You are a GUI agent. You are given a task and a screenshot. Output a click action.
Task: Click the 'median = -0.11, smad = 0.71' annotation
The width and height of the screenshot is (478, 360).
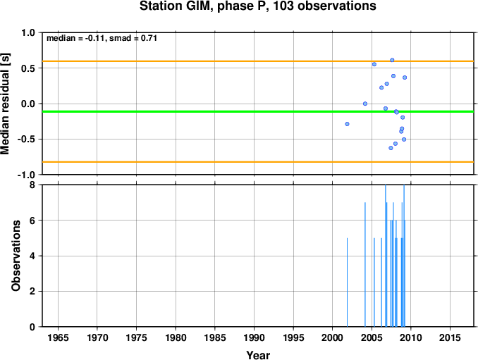pyautogui.click(x=102, y=38)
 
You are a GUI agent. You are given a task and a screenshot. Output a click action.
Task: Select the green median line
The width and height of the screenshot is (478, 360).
pyautogui.click(x=258, y=111)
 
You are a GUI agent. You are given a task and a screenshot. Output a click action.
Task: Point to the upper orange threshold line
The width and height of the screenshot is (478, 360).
pyautogui.click(x=258, y=61)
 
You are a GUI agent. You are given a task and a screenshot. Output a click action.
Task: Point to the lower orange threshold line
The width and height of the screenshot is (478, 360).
pyautogui.click(x=258, y=162)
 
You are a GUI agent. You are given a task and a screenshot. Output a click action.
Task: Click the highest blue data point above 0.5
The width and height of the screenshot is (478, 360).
pyautogui.click(x=392, y=60)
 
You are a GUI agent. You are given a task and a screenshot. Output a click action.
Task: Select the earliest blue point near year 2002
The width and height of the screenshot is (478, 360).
pyautogui.click(x=347, y=124)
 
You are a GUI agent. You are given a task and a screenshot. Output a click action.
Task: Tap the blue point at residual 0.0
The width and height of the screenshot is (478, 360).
pyautogui.click(x=365, y=104)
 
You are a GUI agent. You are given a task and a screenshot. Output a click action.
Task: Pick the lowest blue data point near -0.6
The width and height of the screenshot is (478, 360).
pyautogui.click(x=391, y=148)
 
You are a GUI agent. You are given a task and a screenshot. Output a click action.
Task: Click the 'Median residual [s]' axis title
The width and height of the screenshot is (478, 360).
pyautogui.click(x=6, y=104)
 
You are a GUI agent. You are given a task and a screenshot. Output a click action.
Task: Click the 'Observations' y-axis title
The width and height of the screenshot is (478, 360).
pyautogui.click(x=16, y=256)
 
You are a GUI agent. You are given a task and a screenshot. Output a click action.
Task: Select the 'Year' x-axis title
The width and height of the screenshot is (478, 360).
pyautogui.click(x=258, y=355)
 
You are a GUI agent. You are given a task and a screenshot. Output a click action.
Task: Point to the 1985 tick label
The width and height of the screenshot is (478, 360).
pyautogui.click(x=215, y=337)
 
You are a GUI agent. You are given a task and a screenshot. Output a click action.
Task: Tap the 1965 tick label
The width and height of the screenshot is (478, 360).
pyautogui.click(x=59, y=337)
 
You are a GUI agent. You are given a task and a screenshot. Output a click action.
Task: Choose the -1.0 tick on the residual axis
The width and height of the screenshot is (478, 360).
pyautogui.click(x=28, y=175)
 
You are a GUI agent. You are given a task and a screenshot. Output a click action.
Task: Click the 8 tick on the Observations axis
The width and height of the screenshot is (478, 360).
pyautogui.click(x=32, y=185)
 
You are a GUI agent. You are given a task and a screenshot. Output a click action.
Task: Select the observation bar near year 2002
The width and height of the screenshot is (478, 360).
pyautogui.click(x=347, y=283)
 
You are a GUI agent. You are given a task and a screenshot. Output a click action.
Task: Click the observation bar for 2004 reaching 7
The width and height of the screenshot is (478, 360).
pyautogui.click(x=365, y=264)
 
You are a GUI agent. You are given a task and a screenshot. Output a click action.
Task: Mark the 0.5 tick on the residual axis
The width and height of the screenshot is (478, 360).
pyautogui.click(x=30, y=68)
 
